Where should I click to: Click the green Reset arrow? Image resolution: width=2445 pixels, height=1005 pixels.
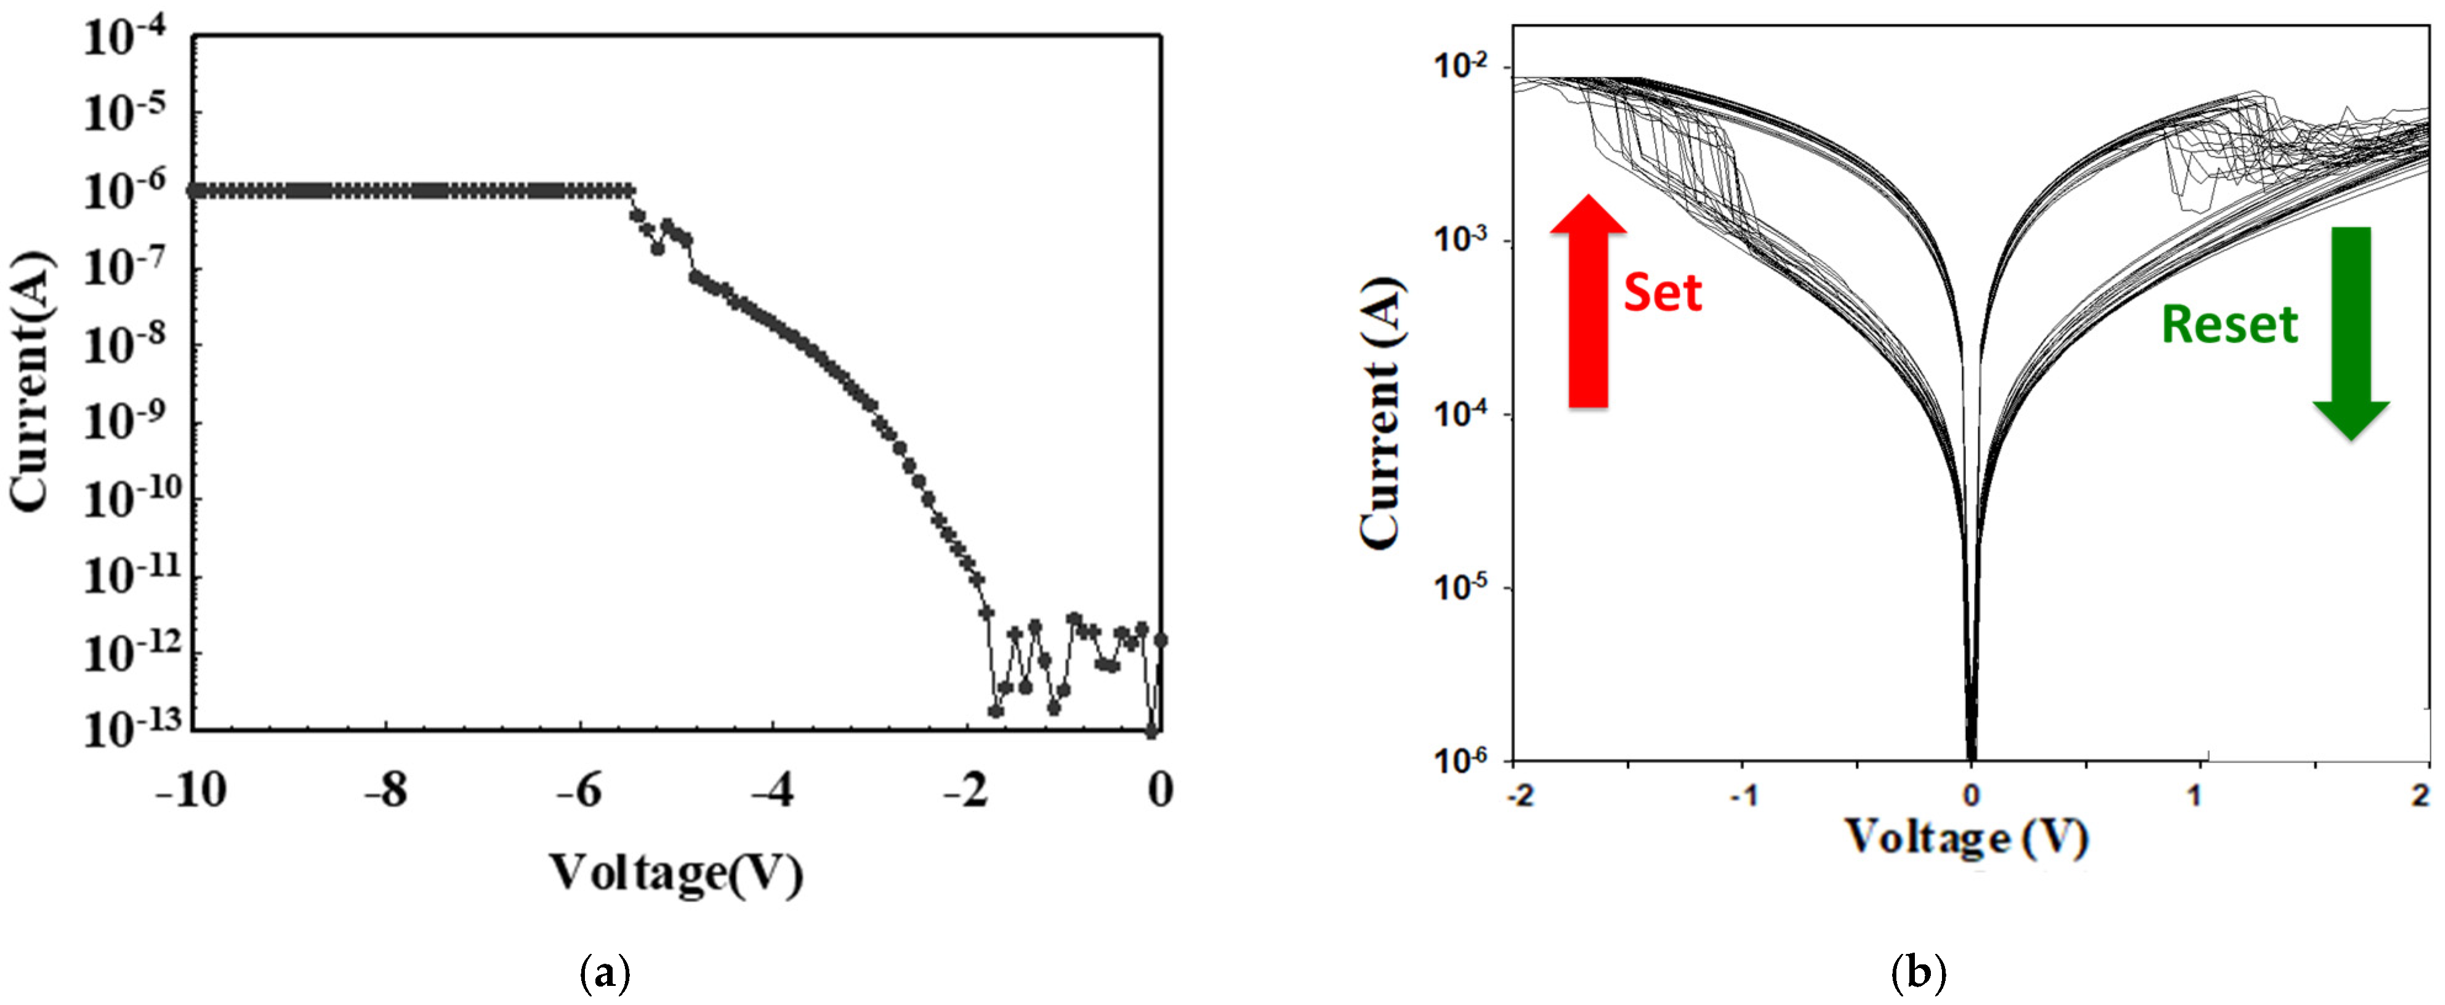2350,332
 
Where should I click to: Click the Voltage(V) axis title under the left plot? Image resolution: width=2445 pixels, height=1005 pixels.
676,873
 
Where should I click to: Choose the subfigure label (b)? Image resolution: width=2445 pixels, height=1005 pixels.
1918,974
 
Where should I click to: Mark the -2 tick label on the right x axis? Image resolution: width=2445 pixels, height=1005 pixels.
1518,795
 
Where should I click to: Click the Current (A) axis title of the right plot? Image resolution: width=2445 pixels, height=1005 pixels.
1381,413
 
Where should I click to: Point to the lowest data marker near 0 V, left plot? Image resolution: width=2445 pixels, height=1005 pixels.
1151,731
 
